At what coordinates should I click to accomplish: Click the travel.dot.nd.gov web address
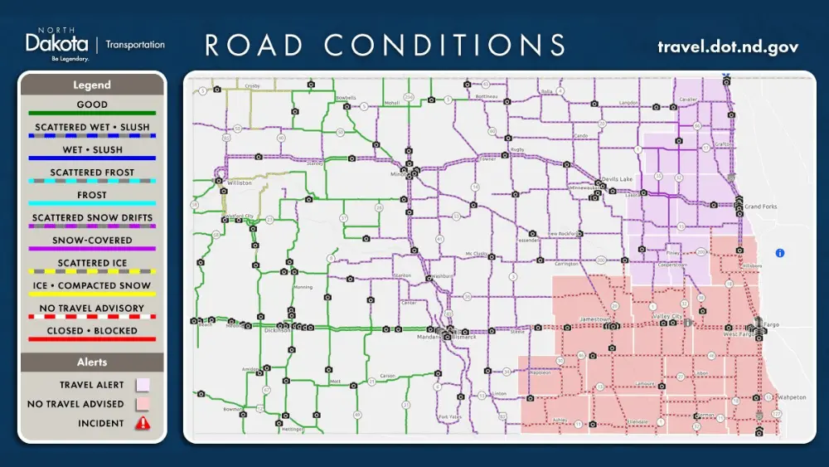click(x=728, y=46)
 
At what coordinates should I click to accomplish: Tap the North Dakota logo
click(x=57, y=45)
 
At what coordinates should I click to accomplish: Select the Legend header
click(x=91, y=85)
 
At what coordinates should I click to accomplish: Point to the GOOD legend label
click(x=92, y=105)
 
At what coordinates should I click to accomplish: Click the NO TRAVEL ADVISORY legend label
click(x=92, y=308)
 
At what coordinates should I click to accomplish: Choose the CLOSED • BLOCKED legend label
click(x=92, y=330)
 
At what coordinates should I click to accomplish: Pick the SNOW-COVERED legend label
click(x=92, y=240)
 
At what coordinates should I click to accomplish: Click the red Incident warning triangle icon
click(x=143, y=423)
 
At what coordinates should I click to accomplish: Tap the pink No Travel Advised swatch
click(x=143, y=404)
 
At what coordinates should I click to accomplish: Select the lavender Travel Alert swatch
click(x=143, y=385)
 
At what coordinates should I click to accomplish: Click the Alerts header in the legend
click(x=92, y=362)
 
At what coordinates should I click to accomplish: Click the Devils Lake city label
click(x=616, y=180)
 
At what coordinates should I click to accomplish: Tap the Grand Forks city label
click(x=760, y=206)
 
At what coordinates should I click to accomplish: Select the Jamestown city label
click(x=594, y=319)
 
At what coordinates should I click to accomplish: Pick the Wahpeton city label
click(x=793, y=397)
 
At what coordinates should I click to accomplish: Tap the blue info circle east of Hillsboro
click(x=779, y=253)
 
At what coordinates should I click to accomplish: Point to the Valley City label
click(x=667, y=317)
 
